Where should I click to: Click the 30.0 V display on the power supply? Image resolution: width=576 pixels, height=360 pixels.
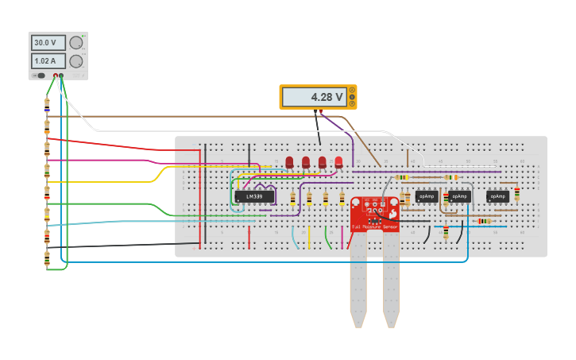48,43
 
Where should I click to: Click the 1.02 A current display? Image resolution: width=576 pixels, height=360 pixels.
48,61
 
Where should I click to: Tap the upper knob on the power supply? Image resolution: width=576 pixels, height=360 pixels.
76,43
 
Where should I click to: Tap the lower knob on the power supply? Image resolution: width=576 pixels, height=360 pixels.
76,61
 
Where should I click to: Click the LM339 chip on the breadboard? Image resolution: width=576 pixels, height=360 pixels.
254,196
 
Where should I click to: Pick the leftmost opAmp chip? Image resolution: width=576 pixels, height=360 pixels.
427,196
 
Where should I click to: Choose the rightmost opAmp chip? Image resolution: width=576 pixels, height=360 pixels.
497,196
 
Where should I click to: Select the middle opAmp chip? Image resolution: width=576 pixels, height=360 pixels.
460,196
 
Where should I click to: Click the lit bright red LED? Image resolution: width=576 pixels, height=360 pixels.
338,162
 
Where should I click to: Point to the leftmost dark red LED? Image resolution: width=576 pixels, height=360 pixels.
289,162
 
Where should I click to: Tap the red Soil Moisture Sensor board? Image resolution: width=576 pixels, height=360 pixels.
375,215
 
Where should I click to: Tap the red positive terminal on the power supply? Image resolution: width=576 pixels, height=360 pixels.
55,76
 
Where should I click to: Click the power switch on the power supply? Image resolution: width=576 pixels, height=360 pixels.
40,76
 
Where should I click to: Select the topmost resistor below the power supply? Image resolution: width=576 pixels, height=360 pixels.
47,103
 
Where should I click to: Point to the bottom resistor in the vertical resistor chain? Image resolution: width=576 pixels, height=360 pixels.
47,258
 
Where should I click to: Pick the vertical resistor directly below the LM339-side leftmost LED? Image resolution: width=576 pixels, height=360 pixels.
293,198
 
